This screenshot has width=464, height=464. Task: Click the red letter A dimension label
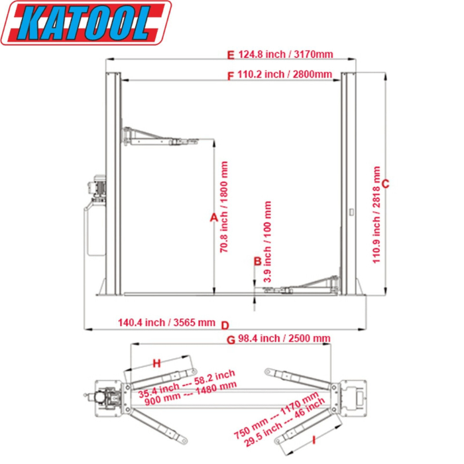point(213,217)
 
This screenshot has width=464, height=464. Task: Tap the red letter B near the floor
point(258,261)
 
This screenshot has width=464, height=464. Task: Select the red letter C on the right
point(386,184)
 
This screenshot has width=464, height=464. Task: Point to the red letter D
point(225,325)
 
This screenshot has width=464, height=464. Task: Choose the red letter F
point(230,76)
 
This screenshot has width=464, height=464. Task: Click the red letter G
point(231,340)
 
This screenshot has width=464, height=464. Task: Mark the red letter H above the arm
point(157,363)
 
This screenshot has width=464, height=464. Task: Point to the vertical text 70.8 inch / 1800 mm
point(225,207)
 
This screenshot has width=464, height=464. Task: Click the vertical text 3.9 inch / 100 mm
point(268,242)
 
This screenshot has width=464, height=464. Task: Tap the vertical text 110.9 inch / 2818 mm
point(377,214)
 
